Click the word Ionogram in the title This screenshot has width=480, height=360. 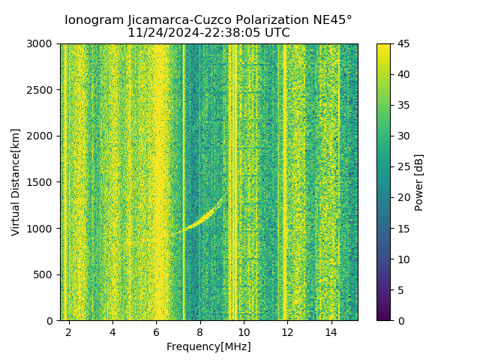point(92,20)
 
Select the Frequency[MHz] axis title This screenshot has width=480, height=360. point(208,346)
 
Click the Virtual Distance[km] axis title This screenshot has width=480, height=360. point(15,181)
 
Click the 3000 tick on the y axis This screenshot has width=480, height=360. point(42,43)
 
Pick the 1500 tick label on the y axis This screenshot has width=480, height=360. point(42,182)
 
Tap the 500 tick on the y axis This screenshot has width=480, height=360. point(45,274)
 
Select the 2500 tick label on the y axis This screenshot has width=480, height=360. point(42,90)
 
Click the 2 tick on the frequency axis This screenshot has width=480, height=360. point(69,331)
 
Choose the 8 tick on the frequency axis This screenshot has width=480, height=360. point(199,331)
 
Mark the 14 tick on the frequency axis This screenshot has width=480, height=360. point(330,331)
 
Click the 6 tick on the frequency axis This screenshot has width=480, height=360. point(156,331)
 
